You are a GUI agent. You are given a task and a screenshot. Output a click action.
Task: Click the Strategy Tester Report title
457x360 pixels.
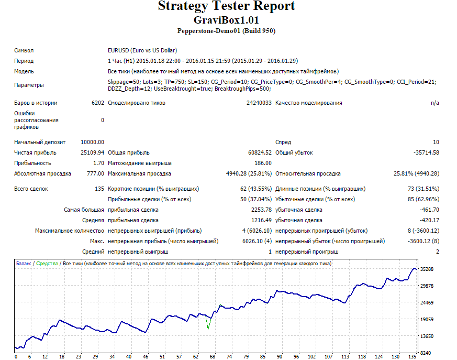(x=227, y=6)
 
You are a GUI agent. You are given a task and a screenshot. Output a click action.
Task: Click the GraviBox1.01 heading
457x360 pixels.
(x=226, y=20)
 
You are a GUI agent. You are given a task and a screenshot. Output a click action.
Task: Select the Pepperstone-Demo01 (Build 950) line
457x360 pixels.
(x=227, y=31)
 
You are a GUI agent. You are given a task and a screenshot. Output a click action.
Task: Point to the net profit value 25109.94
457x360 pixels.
(x=92, y=152)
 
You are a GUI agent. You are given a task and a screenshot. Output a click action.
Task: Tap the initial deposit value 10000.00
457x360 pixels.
(x=92, y=142)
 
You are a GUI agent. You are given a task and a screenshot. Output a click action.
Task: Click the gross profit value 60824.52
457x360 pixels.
(x=260, y=152)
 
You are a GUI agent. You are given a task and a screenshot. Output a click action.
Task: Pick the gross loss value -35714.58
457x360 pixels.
(x=426, y=152)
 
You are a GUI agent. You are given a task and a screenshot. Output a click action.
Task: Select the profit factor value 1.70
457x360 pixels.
(x=98, y=163)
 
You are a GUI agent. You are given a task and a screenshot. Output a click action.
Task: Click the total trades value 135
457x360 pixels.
(x=99, y=189)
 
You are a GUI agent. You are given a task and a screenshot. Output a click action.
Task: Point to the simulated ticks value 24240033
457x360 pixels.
(x=259, y=103)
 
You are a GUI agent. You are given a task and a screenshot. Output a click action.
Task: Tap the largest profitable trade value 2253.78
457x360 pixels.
(x=261, y=210)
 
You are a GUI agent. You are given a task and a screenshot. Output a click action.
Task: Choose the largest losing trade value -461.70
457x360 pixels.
(x=429, y=210)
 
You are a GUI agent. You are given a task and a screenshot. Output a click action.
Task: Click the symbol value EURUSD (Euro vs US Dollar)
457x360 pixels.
(x=142, y=50)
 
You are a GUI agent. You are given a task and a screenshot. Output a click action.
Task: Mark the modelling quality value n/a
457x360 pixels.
(x=435, y=103)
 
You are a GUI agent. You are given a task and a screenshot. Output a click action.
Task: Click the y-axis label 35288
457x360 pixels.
(x=427, y=269)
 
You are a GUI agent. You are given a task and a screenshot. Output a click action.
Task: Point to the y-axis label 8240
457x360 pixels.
(x=426, y=353)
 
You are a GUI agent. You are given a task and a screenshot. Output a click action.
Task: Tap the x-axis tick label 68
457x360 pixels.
(x=213, y=356)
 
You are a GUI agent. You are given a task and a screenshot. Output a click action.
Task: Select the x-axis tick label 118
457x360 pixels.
(x=362, y=356)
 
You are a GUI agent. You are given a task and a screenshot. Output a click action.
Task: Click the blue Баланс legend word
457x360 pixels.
(x=24, y=264)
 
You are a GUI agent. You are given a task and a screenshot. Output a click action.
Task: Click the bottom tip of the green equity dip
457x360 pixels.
(x=208, y=330)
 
